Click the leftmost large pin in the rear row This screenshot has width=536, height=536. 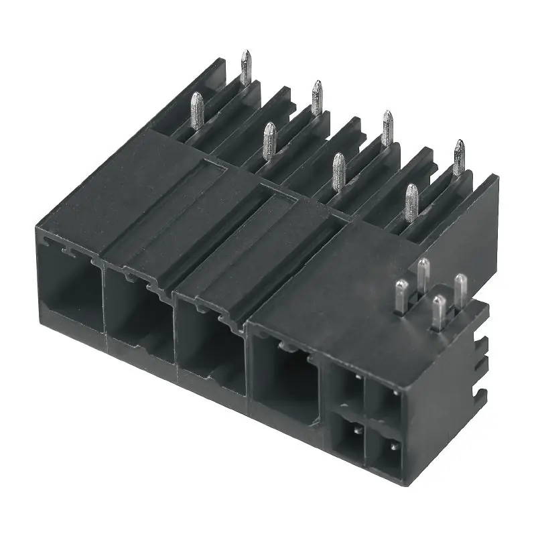[246, 68]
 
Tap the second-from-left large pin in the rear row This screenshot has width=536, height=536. [316, 98]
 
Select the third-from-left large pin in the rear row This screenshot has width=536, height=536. [387, 127]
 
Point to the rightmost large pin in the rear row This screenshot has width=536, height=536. [458, 157]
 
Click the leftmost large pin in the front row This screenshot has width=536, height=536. [197, 111]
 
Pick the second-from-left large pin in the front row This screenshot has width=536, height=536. [269, 141]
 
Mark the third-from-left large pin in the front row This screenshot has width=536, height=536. [339, 171]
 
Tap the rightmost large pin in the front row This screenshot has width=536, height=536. [411, 202]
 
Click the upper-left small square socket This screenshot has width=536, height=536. [349, 389]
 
